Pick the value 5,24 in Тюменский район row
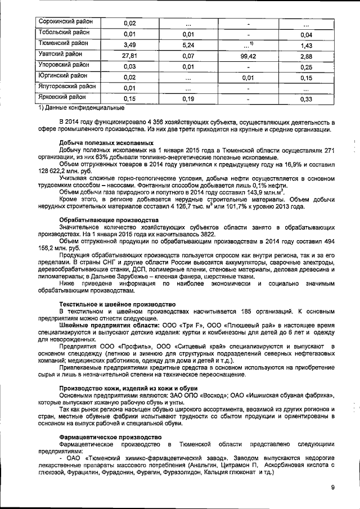coord(188,45)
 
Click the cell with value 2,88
coord(306,56)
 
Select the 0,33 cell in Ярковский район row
coord(306,99)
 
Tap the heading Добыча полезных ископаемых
coord(106,144)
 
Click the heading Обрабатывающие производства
coord(108,219)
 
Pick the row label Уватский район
coord(59,54)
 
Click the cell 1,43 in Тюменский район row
coord(306,45)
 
